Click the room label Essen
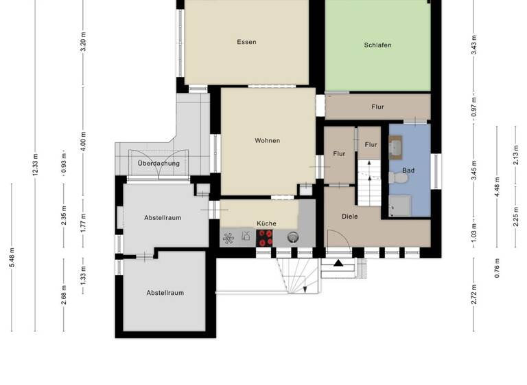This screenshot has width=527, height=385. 246,42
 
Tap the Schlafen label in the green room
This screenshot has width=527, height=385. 378,45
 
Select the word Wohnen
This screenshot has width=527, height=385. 267,140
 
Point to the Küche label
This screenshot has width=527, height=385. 266,223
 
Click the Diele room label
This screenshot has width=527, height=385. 350,216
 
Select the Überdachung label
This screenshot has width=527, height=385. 159,164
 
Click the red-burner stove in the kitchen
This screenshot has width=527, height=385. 265,237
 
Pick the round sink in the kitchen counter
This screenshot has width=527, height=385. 293,237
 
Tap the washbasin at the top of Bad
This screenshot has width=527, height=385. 397,145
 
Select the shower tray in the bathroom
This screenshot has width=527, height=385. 399,205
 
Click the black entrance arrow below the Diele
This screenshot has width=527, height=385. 338,263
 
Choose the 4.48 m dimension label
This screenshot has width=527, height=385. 497,186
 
